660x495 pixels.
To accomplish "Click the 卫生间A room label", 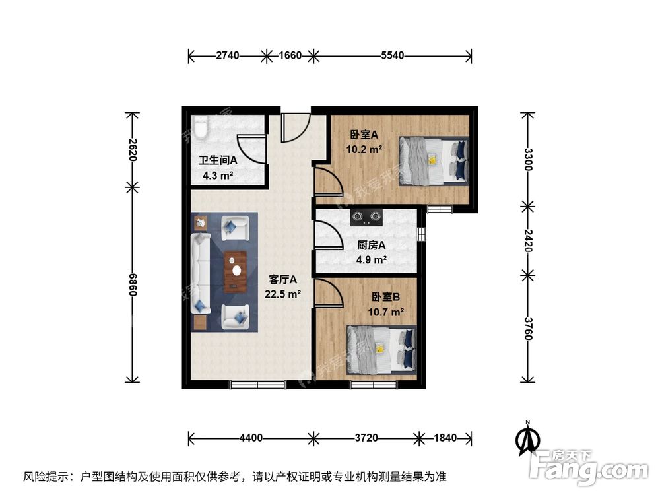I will point(218,160).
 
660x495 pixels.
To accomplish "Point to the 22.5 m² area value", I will point(283,294).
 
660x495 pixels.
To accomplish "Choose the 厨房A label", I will point(372,245).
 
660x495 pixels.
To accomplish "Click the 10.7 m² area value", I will point(386,312).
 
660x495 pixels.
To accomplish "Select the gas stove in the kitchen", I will point(367,215).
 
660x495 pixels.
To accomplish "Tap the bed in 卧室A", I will point(433,160).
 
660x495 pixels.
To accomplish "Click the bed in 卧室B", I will point(382,350).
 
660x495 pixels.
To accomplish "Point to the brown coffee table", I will point(234,271).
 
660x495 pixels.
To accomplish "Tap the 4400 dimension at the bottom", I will point(251,438).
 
